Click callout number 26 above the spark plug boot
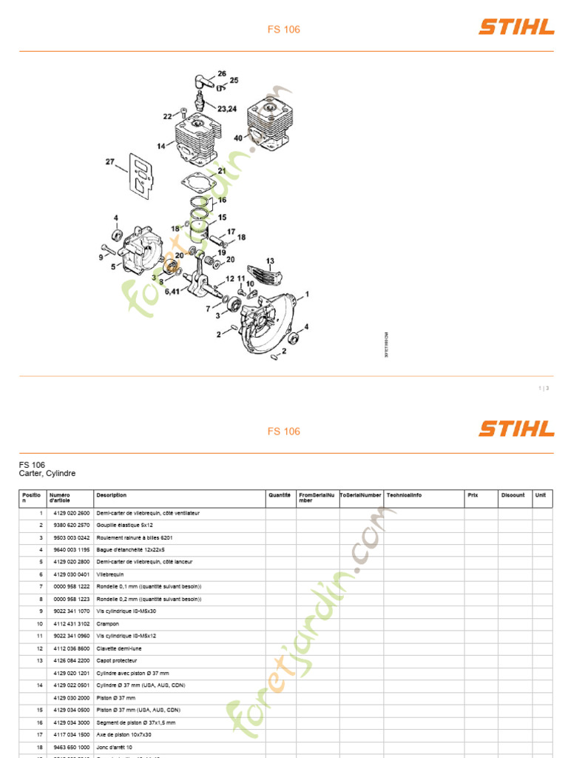(221, 73)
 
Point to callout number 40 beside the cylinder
(238, 138)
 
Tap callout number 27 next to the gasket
(110, 162)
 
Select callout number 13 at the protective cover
(270, 261)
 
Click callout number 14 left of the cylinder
(160, 146)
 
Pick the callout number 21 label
(222, 171)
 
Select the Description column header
(111, 495)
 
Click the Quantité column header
(280, 495)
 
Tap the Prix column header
(473, 495)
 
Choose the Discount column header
(513, 495)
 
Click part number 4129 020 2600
(70, 513)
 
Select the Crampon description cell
(108, 624)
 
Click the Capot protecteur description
(117, 660)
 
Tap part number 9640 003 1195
(70, 550)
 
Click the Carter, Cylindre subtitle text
(47, 474)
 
